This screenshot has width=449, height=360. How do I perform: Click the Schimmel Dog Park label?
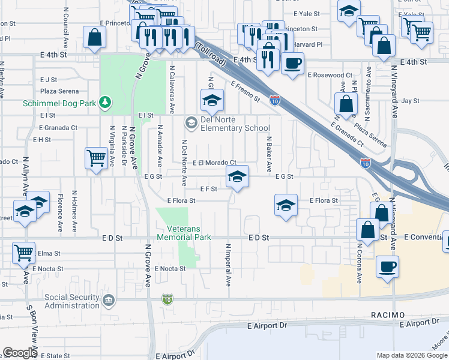59,103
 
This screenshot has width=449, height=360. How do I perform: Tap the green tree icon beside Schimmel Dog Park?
106,103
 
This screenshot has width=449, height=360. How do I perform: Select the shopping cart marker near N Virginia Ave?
96,159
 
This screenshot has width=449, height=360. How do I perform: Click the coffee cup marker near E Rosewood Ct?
292,64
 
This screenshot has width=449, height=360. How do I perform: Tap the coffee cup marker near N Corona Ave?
388,266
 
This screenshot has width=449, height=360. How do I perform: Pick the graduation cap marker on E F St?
237,177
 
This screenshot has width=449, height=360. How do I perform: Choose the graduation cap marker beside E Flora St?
286,205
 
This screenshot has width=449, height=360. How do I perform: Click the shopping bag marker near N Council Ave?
95,38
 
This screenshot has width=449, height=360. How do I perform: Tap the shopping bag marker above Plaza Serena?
346,104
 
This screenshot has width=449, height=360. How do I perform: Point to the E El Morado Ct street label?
214,163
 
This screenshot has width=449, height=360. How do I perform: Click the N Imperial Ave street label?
229,264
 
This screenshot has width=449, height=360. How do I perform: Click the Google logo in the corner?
19,353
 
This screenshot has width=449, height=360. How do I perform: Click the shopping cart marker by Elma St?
23,253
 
